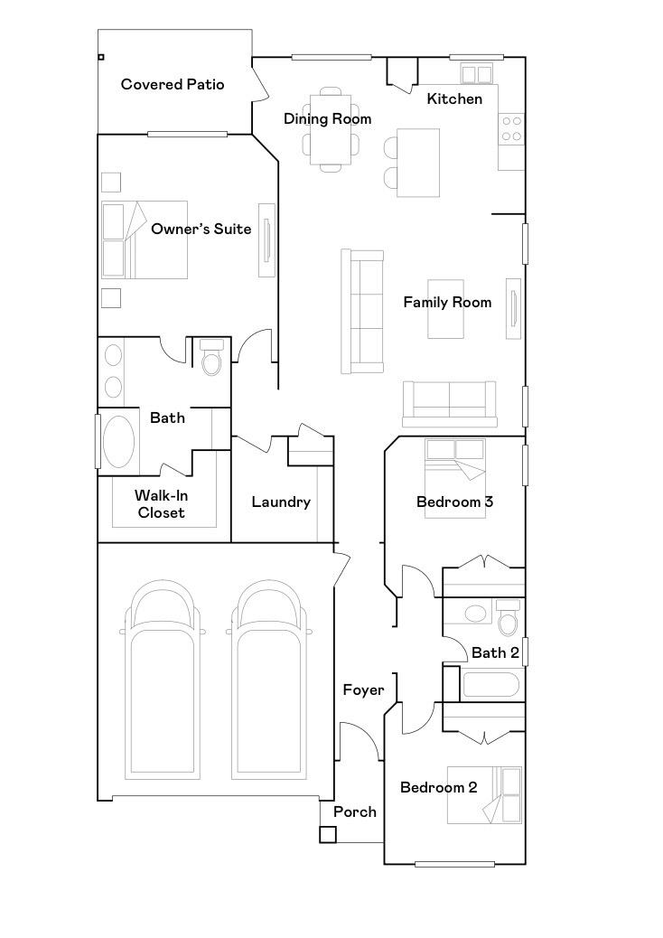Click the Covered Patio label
click(173, 85)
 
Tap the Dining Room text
click(327, 118)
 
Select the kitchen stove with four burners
click(511, 129)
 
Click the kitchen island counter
click(418, 163)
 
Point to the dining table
click(330, 130)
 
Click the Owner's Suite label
click(201, 229)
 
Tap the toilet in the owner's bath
click(212, 359)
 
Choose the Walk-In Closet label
click(161, 504)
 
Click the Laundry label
click(281, 502)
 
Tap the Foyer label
click(363, 690)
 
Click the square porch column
click(327, 834)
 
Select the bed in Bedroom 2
click(485, 795)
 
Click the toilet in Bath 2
click(508, 619)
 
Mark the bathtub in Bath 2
click(491, 684)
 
